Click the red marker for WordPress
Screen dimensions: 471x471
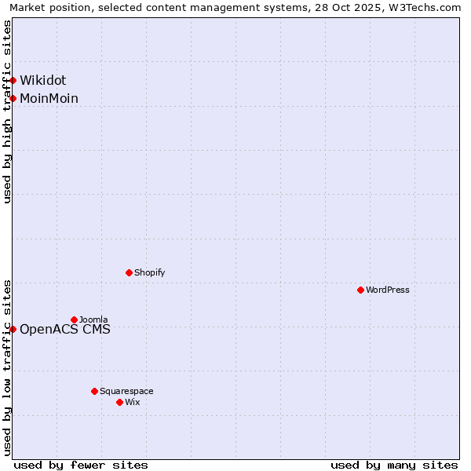pyautogui.click(x=360, y=290)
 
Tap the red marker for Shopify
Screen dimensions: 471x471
pyautogui.click(x=129, y=272)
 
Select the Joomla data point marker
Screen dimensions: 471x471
pyautogui.click(x=74, y=319)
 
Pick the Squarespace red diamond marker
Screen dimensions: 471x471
pyautogui.click(x=94, y=391)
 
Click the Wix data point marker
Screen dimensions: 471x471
pyautogui.click(x=119, y=402)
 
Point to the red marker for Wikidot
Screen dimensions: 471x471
pyautogui.click(x=13, y=80)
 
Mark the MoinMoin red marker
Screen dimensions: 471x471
pyautogui.click(x=13, y=98)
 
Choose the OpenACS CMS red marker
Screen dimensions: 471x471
pyautogui.click(x=13, y=329)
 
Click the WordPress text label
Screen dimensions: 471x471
pyautogui.click(x=388, y=290)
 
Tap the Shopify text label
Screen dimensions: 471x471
pyautogui.click(x=149, y=272)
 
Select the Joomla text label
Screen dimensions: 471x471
pyautogui.click(x=93, y=319)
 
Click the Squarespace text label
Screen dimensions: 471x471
pyautogui.click(x=126, y=391)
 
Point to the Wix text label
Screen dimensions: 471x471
pyautogui.click(x=132, y=402)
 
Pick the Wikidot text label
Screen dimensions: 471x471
pyautogui.click(x=43, y=80)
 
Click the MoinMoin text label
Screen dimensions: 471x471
pyautogui.click(x=49, y=98)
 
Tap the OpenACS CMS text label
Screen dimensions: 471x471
pyautogui.click(x=65, y=329)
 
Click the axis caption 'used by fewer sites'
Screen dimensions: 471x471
pyautogui.click(x=81, y=465)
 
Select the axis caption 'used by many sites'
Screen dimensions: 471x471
pyautogui.click(x=394, y=465)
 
